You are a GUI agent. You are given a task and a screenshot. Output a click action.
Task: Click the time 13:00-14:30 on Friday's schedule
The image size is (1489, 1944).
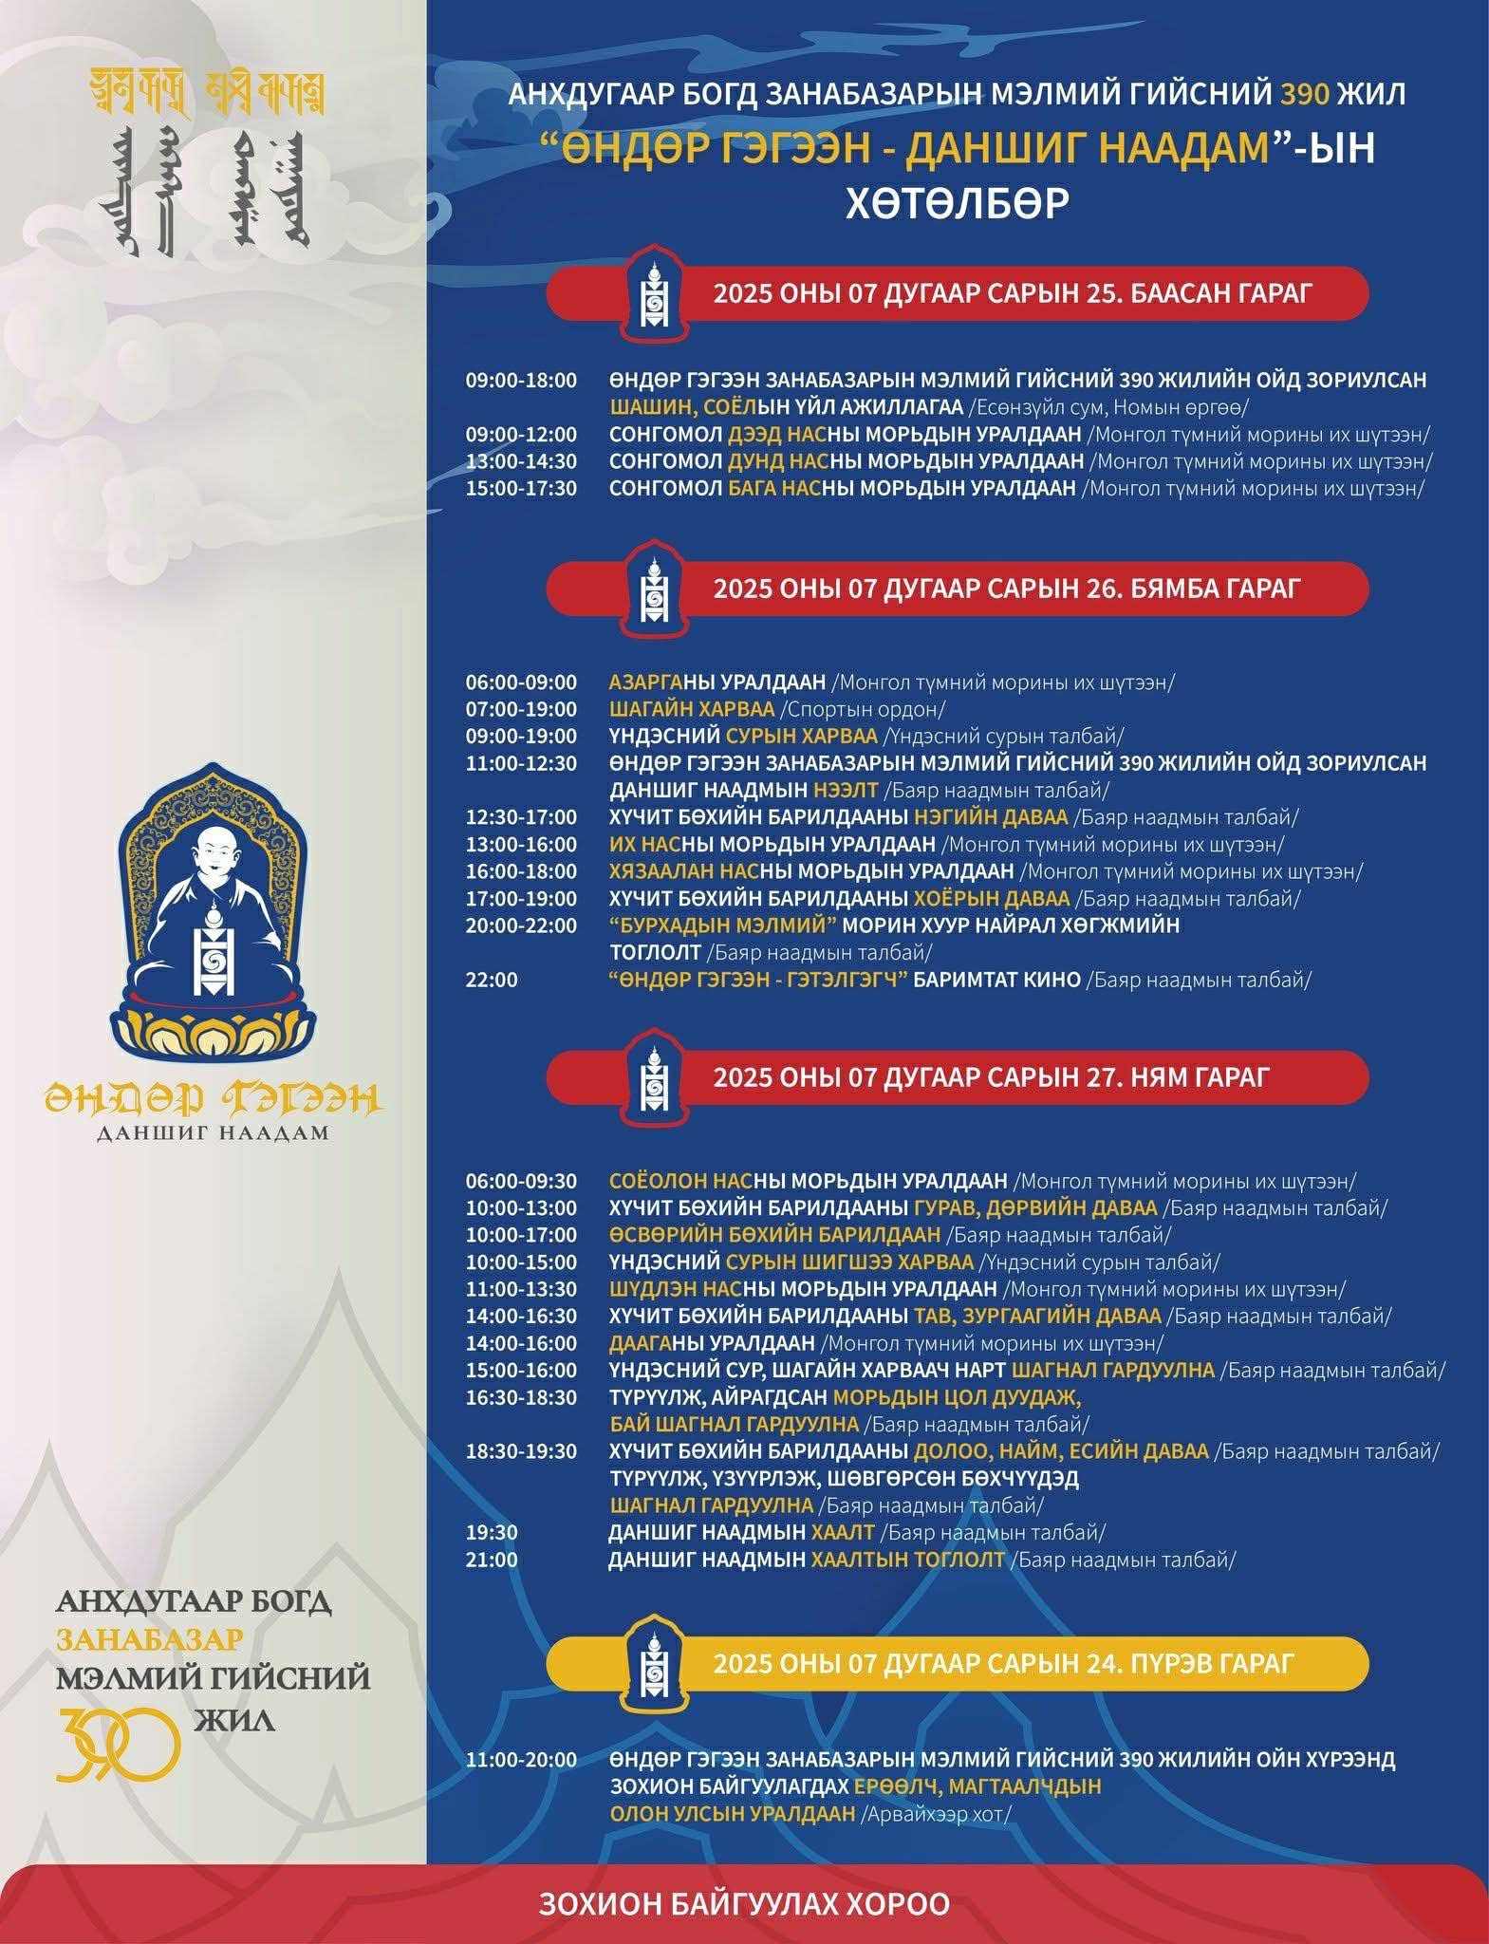point(520,461)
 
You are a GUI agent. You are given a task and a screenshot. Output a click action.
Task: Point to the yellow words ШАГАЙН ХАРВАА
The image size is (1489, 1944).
point(692,709)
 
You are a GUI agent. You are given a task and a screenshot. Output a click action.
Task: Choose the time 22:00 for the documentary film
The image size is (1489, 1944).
point(492,979)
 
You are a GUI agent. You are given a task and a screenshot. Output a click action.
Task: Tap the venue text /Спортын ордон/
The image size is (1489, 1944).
point(863,709)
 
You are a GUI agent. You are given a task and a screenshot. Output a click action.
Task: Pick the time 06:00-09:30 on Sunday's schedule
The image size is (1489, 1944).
point(520,1181)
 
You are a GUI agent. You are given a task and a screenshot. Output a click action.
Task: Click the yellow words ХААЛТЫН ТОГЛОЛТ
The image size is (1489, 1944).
point(906,1559)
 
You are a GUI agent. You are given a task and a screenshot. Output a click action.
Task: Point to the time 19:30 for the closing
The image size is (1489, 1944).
point(492,1532)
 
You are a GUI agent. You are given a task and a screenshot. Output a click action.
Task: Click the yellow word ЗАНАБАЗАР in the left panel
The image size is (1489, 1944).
point(150,1639)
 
